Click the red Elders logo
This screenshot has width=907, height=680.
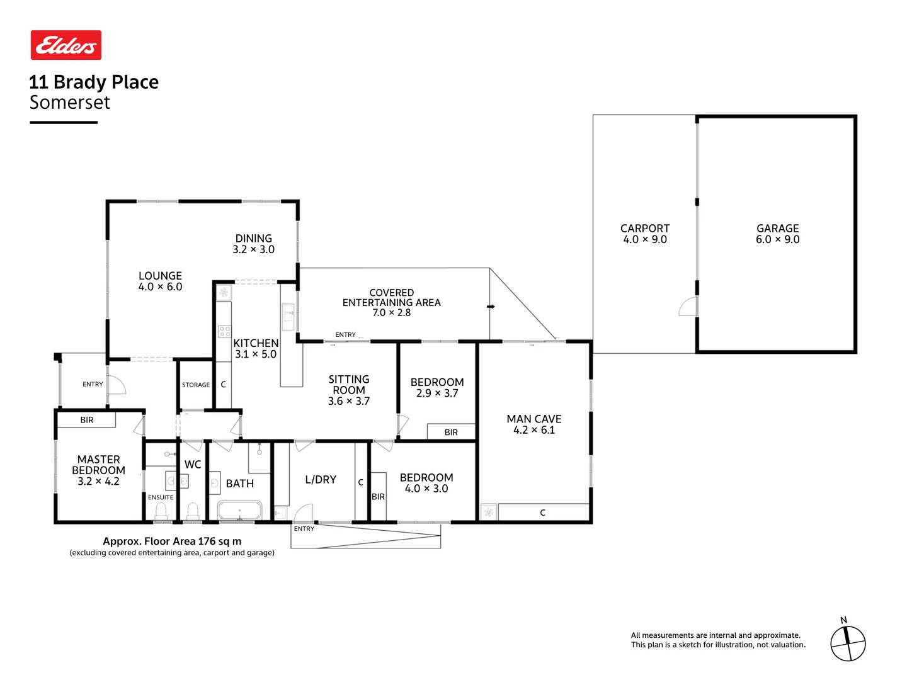[66, 45]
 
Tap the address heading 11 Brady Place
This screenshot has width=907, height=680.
[94, 82]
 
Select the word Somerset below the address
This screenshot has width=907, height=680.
[70, 103]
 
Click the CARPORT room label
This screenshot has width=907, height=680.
[644, 229]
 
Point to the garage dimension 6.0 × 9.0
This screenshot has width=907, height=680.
[777, 240]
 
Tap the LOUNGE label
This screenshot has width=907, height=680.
[160, 276]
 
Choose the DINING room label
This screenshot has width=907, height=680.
[253, 239]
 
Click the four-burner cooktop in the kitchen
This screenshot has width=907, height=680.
[224, 331]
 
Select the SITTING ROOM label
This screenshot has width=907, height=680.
[348, 385]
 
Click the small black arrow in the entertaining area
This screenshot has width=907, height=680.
[491, 307]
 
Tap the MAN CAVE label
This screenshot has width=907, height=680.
[533, 419]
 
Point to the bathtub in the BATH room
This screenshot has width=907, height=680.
[239, 511]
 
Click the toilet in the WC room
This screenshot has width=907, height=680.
[193, 509]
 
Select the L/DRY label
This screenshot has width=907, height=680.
[321, 480]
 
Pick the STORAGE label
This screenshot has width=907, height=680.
[196, 385]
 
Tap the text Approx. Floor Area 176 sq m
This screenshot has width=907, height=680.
[172, 541]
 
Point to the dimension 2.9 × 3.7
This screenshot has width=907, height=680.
[437, 394]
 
